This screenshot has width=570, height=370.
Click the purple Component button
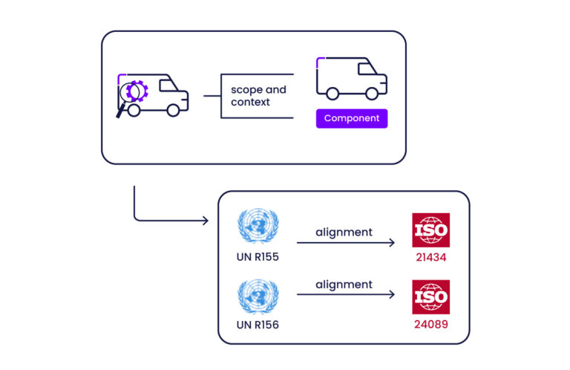[352, 118]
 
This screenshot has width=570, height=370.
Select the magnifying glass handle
[120, 111]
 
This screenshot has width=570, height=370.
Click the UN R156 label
[258, 324]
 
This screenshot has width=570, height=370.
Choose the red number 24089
[430, 324]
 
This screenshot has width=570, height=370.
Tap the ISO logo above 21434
[430, 230]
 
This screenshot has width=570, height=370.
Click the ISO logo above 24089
[430, 297]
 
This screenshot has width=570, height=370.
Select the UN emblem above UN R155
[258, 228]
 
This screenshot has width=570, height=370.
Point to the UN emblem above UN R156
[258, 296]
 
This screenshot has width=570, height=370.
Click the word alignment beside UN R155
[344, 232]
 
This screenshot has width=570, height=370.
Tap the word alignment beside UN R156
[344, 285]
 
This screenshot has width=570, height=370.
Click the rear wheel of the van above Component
[332, 94]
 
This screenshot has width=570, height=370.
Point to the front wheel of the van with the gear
[173, 110]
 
